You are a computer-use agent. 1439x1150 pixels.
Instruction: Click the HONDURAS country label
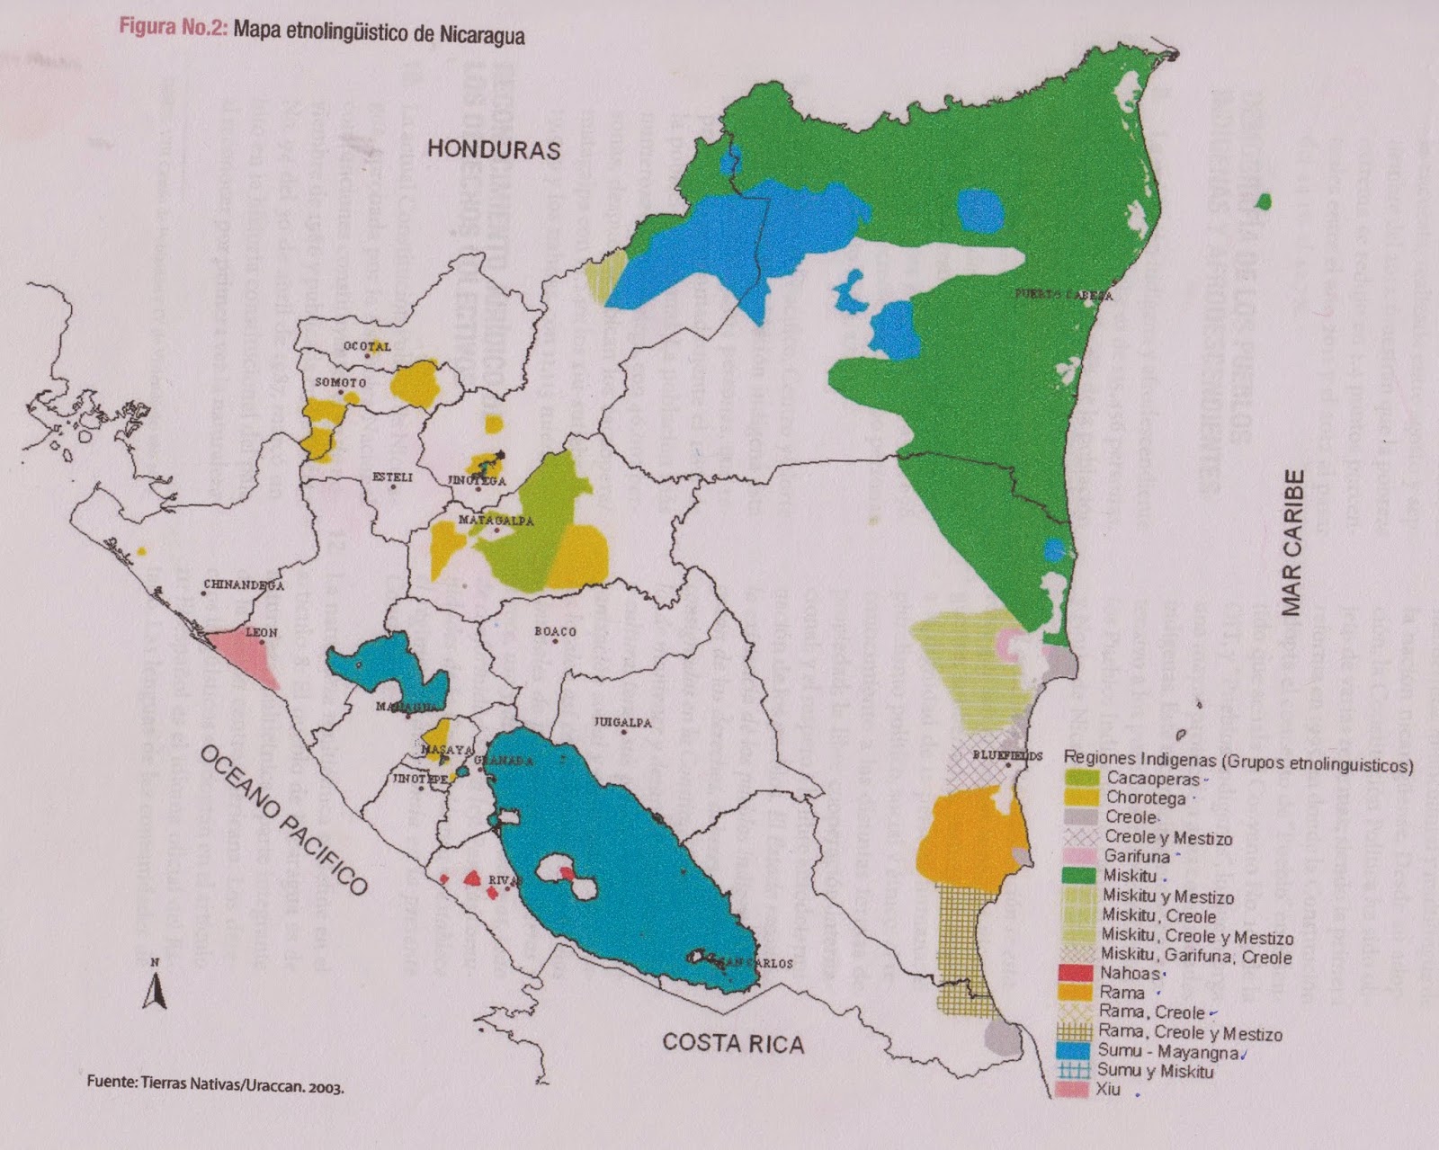tap(493, 148)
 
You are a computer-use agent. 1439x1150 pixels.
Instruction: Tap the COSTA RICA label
tap(733, 1043)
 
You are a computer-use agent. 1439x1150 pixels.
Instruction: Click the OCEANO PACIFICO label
tap(284, 820)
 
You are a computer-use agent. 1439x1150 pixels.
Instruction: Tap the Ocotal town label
tap(367, 346)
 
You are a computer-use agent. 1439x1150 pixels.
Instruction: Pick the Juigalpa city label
tap(622, 722)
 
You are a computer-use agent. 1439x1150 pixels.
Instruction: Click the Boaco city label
tap(555, 631)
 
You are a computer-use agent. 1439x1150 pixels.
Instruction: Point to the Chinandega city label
tap(243, 585)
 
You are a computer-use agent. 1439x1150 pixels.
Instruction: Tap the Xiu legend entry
tap(1108, 1090)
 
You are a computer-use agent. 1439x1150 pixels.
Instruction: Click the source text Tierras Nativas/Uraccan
tap(216, 1085)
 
